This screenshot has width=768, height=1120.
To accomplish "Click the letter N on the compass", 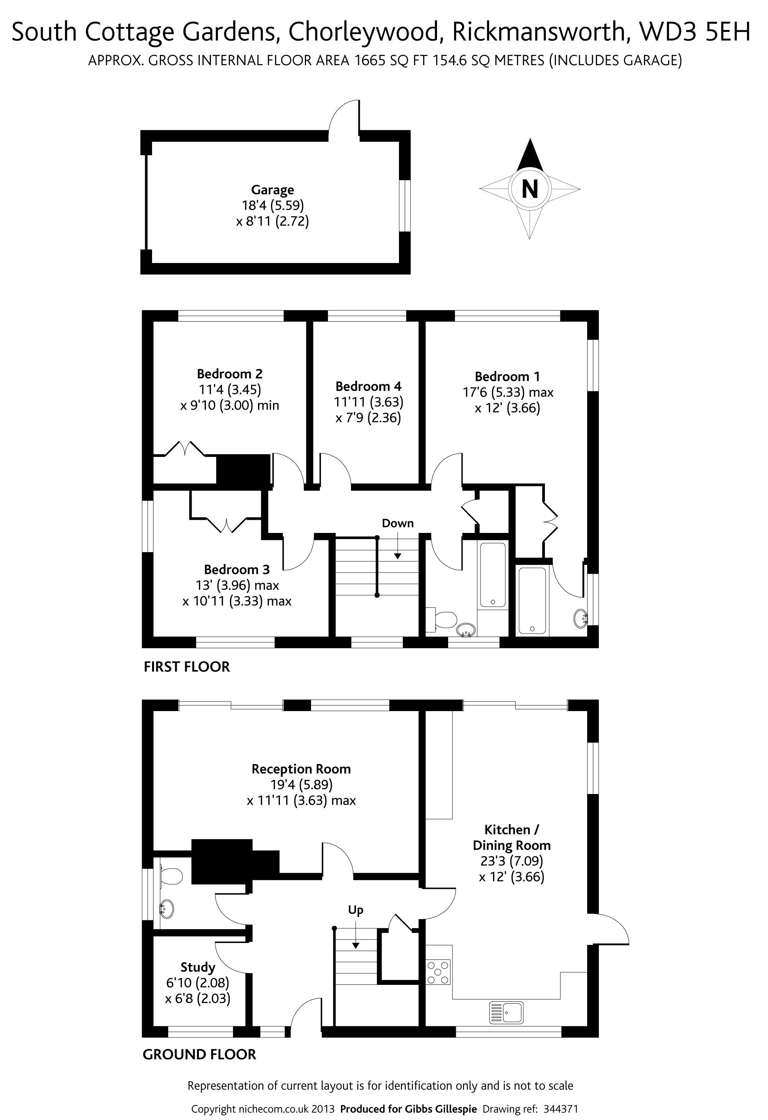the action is click(530, 189).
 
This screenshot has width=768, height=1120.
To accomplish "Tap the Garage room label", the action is click(272, 190).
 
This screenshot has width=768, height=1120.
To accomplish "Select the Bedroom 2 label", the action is click(230, 374).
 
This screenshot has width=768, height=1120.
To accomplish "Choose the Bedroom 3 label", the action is click(237, 570).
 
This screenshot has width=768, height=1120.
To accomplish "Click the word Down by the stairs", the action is click(398, 523).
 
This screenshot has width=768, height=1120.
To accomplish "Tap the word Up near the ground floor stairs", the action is click(356, 910).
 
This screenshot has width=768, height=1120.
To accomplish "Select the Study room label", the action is click(198, 968).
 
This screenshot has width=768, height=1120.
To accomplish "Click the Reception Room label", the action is click(301, 769).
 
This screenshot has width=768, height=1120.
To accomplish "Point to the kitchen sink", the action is click(506, 1012).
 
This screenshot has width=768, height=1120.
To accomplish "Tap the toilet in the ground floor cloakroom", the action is click(171, 876).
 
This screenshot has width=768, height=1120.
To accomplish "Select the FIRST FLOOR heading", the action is click(187, 667).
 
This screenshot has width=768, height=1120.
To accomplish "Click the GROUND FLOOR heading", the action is click(200, 1054).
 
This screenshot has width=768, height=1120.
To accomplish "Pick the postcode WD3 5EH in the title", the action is click(695, 32).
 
